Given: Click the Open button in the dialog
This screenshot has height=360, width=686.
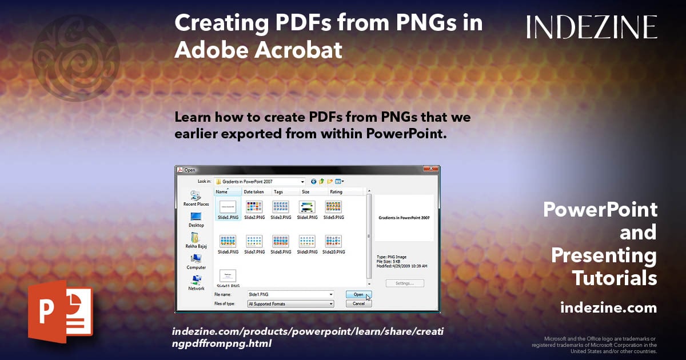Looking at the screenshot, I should click(x=358, y=295).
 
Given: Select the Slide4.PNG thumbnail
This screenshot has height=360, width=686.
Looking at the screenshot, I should click(x=307, y=207).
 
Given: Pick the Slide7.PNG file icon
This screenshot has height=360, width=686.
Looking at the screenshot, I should click(x=254, y=241).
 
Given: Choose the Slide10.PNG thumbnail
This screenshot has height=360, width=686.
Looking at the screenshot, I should click(x=333, y=241).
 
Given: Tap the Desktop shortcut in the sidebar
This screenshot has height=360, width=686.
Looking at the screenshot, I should click(x=196, y=218).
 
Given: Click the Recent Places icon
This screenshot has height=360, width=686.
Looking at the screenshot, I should click(x=196, y=197).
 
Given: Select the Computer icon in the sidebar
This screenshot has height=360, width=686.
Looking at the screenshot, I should click(x=196, y=260).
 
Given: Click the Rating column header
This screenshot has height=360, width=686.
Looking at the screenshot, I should click(x=336, y=192).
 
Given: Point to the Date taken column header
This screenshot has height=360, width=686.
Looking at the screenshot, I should click(x=254, y=192).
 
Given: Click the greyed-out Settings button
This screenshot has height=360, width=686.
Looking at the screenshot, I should click(x=405, y=283).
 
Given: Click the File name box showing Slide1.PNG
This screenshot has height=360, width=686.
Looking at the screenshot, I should click(x=289, y=294).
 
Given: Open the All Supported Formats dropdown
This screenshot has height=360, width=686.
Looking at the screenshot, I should click(x=290, y=304).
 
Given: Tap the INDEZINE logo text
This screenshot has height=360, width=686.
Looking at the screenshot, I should click(x=592, y=27).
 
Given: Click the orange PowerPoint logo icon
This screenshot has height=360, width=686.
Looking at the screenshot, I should click(x=61, y=314).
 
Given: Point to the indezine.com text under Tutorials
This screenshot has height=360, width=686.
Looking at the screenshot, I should click(x=608, y=308).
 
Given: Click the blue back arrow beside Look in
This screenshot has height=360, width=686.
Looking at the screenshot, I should click(x=314, y=182).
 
